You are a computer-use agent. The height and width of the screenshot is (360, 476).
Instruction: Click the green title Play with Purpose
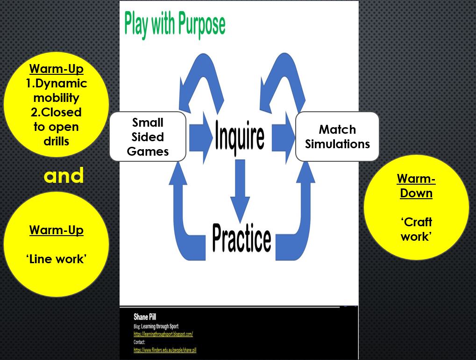(174, 24)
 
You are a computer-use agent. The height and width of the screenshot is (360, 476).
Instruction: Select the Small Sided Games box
(148, 137)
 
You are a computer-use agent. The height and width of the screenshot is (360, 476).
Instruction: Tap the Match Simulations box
(337, 137)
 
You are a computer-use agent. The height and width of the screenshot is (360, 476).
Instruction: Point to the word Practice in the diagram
(242, 238)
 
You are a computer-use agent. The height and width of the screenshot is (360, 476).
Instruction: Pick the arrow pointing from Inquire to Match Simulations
(283, 136)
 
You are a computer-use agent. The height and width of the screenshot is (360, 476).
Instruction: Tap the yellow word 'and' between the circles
(64, 176)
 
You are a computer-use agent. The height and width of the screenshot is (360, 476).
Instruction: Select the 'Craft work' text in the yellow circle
(416, 229)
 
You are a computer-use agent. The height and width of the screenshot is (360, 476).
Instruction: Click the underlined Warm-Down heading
(416, 186)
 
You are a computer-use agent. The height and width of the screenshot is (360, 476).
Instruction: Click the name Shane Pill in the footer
(145, 317)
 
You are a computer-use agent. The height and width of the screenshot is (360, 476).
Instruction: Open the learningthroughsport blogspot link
(163, 334)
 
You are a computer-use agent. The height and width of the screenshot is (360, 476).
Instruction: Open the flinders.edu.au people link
(165, 350)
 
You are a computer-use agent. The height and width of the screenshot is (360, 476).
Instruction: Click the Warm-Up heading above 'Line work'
(56, 230)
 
